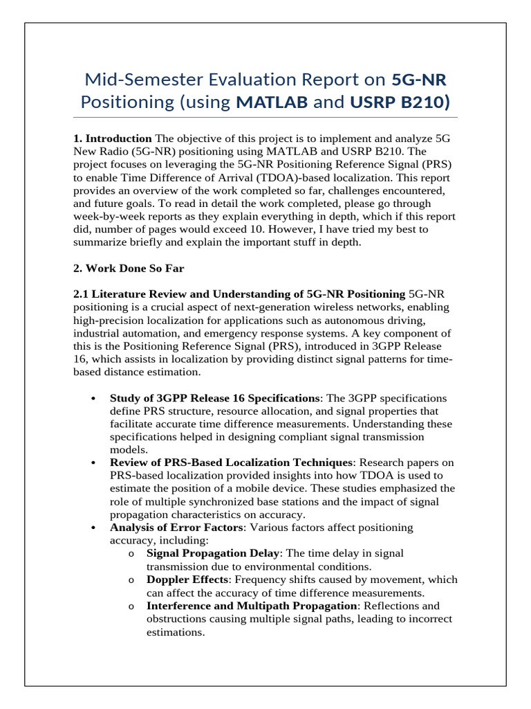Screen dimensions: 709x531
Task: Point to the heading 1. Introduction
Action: point(112,138)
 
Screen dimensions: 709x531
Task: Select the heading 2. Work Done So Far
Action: point(129,269)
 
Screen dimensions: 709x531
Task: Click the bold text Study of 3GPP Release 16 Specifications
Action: point(214,399)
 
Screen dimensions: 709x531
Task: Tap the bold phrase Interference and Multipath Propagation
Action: point(252,606)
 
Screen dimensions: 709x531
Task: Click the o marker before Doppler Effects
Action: point(131,580)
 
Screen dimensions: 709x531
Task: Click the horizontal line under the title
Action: point(265,118)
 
